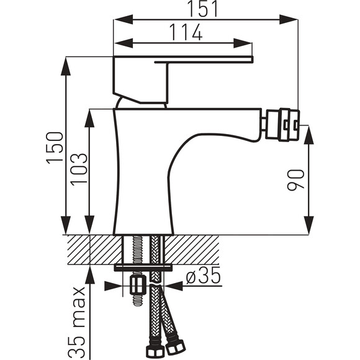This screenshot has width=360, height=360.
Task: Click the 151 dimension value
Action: pos(202,9)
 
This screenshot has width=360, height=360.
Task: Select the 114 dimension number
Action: pos(186,32)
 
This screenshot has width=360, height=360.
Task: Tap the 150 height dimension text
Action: pos(55,148)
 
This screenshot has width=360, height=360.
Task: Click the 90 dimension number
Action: pos(295,180)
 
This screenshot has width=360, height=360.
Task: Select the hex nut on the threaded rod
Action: pos(138,285)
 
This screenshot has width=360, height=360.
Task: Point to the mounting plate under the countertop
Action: pos(143,267)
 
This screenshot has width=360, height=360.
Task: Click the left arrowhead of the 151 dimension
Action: pos(124,19)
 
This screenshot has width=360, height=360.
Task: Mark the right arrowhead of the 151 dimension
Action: pos(289,19)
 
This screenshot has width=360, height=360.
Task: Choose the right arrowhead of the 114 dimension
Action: pos(243,43)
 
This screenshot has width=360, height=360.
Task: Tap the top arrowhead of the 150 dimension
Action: pos(66,66)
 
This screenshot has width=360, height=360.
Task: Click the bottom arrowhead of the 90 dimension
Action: pos(309,225)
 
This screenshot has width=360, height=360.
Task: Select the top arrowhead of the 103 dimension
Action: pos(89,118)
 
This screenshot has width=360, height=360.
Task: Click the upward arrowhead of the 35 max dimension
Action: pos(90,274)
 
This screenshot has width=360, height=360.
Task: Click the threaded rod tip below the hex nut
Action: pos(138,299)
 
